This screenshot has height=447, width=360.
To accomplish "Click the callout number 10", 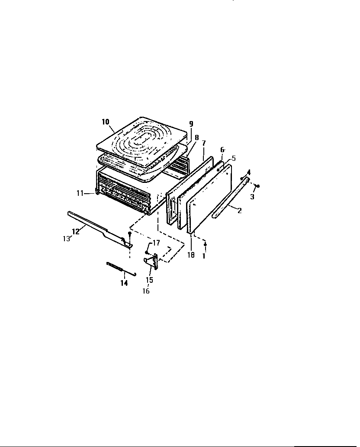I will [x=106, y=122].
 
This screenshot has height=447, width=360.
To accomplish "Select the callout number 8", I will [x=196, y=137].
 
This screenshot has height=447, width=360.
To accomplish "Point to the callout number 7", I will [x=204, y=143].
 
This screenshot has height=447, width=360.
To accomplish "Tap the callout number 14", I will [x=124, y=283].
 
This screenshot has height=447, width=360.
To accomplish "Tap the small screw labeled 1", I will [x=206, y=245].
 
